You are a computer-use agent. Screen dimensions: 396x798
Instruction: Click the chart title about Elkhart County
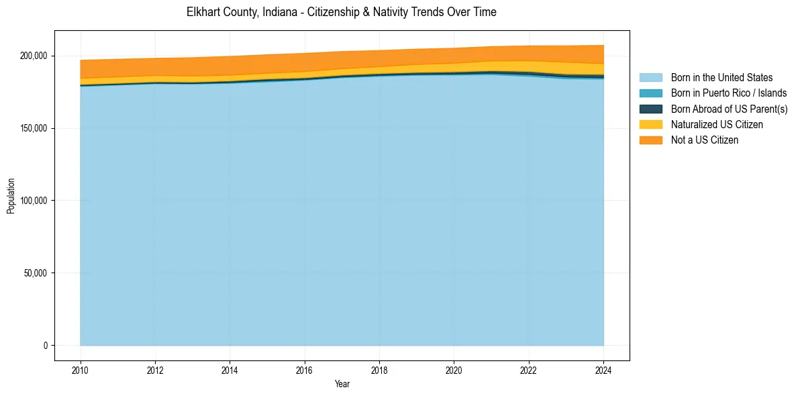(x=341, y=12)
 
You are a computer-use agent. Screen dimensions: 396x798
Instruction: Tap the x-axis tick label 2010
(x=81, y=370)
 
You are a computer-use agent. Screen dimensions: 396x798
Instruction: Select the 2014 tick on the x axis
(x=230, y=370)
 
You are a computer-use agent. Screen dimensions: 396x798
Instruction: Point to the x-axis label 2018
(x=379, y=370)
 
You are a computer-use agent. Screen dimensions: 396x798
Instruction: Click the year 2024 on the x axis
(x=603, y=370)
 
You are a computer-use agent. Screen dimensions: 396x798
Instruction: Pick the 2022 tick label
(x=529, y=370)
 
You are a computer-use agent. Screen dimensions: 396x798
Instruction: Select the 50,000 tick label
(x=37, y=273)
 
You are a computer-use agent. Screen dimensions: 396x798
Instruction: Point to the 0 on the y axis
(x=46, y=346)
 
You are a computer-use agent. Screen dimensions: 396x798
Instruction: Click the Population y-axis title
(x=11, y=195)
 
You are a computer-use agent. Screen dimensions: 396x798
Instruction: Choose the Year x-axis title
(x=342, y=384)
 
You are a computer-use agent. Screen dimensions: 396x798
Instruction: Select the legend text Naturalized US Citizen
(x=717, y=125)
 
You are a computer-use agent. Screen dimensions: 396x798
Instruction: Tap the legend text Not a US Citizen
(x=705, y=140)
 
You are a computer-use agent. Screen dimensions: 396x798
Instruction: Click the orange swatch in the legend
(x=650, y=140)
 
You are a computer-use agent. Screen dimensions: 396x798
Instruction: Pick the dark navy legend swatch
(x=650, y=109)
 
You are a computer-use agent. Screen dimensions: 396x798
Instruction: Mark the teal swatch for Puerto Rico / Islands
(x=650, y=93)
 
